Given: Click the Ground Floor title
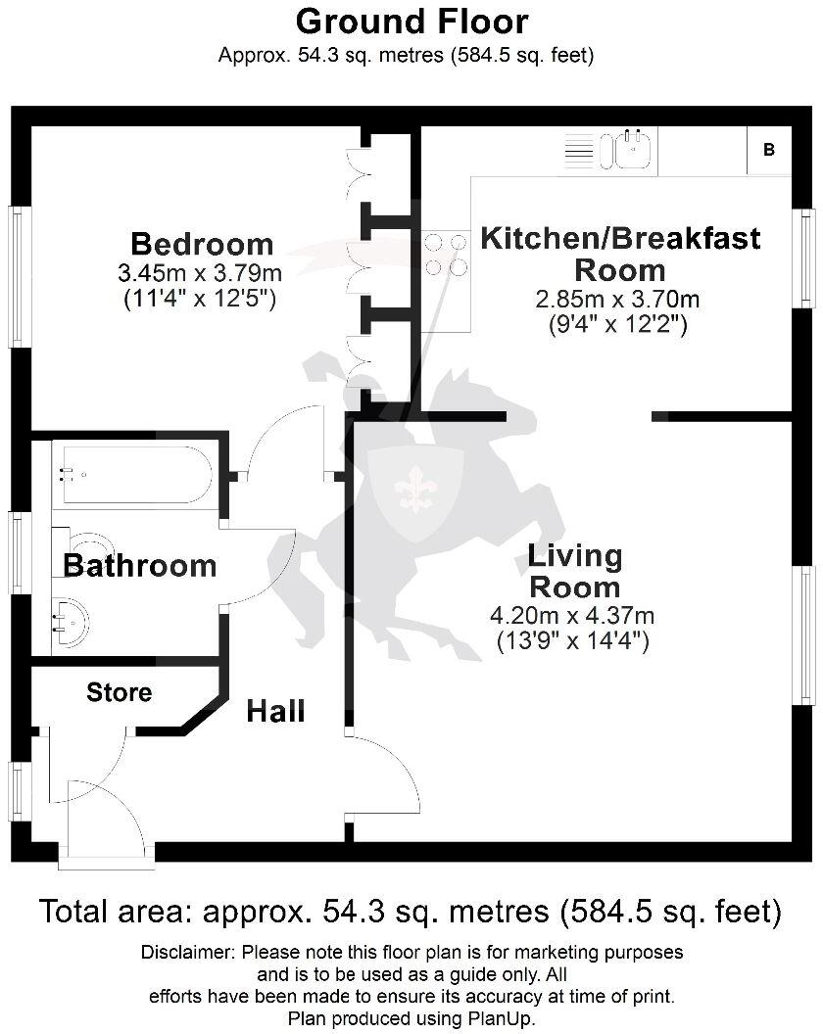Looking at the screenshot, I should [411, 21].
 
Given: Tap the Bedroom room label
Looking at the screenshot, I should [202, 243].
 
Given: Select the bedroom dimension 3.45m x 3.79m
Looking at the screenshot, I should [202, 271].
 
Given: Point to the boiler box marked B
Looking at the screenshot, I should [769, 150].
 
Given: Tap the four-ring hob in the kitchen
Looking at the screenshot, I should [445, 255].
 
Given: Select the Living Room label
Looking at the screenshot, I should [574, 572].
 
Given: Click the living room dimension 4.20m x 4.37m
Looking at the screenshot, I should [572, 616].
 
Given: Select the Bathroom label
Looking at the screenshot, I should [139, 566].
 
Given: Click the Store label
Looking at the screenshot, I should [119, 693].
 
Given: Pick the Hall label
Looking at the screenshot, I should [275, 711].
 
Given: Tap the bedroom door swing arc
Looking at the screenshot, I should [284, 441].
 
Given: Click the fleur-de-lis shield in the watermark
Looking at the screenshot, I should [415, 490].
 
